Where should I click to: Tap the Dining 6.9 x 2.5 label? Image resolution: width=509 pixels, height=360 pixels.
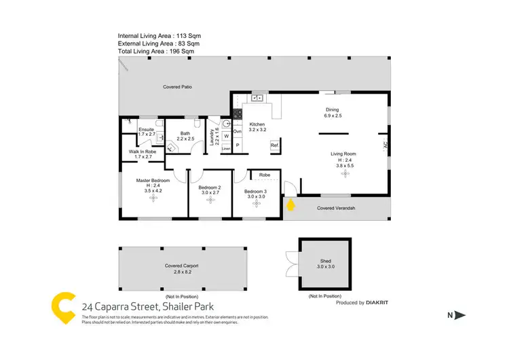332,113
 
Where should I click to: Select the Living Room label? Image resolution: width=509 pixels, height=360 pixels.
343,158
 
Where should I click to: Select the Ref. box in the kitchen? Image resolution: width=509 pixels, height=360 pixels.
275,146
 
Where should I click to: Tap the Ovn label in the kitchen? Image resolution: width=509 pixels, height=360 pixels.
238,131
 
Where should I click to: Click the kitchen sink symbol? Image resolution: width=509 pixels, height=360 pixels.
257,98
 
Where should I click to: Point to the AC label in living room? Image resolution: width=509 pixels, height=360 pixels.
385,145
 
